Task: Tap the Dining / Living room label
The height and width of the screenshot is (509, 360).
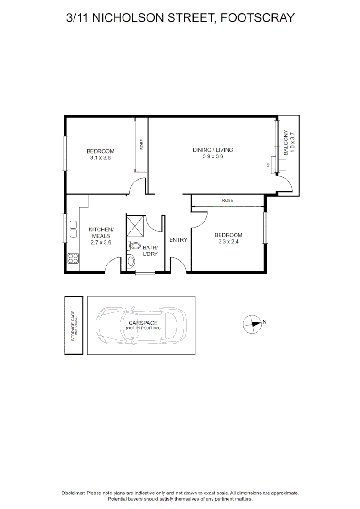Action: click(213, 150)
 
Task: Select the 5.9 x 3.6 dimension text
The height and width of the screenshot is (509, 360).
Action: click(213, 156)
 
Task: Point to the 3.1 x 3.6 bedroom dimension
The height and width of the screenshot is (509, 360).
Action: click(100, 158)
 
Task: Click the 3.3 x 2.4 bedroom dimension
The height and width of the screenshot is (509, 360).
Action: click(228, 242)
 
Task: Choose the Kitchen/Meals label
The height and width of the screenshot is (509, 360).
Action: click(101, 232)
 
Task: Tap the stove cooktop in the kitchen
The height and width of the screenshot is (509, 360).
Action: click(74, 258)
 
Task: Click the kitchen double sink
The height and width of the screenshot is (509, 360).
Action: click(74, 229)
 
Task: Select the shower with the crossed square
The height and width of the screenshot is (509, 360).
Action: click(135, 225)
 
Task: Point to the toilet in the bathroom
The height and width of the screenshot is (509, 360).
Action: click(134, 246)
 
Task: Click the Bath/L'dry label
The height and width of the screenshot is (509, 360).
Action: click(150, 251)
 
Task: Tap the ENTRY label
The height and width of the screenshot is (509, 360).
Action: click(178, 240)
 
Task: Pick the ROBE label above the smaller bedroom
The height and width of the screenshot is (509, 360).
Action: click(228, 201)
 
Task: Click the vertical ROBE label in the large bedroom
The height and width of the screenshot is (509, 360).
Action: click(142, 144)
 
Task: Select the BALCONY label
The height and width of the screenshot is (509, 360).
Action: click(286, 143)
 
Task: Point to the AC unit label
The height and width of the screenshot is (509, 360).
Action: click(268, 165)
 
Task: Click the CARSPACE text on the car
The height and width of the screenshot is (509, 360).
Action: click(143, 323)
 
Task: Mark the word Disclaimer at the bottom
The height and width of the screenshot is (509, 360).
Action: click(73, 493)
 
